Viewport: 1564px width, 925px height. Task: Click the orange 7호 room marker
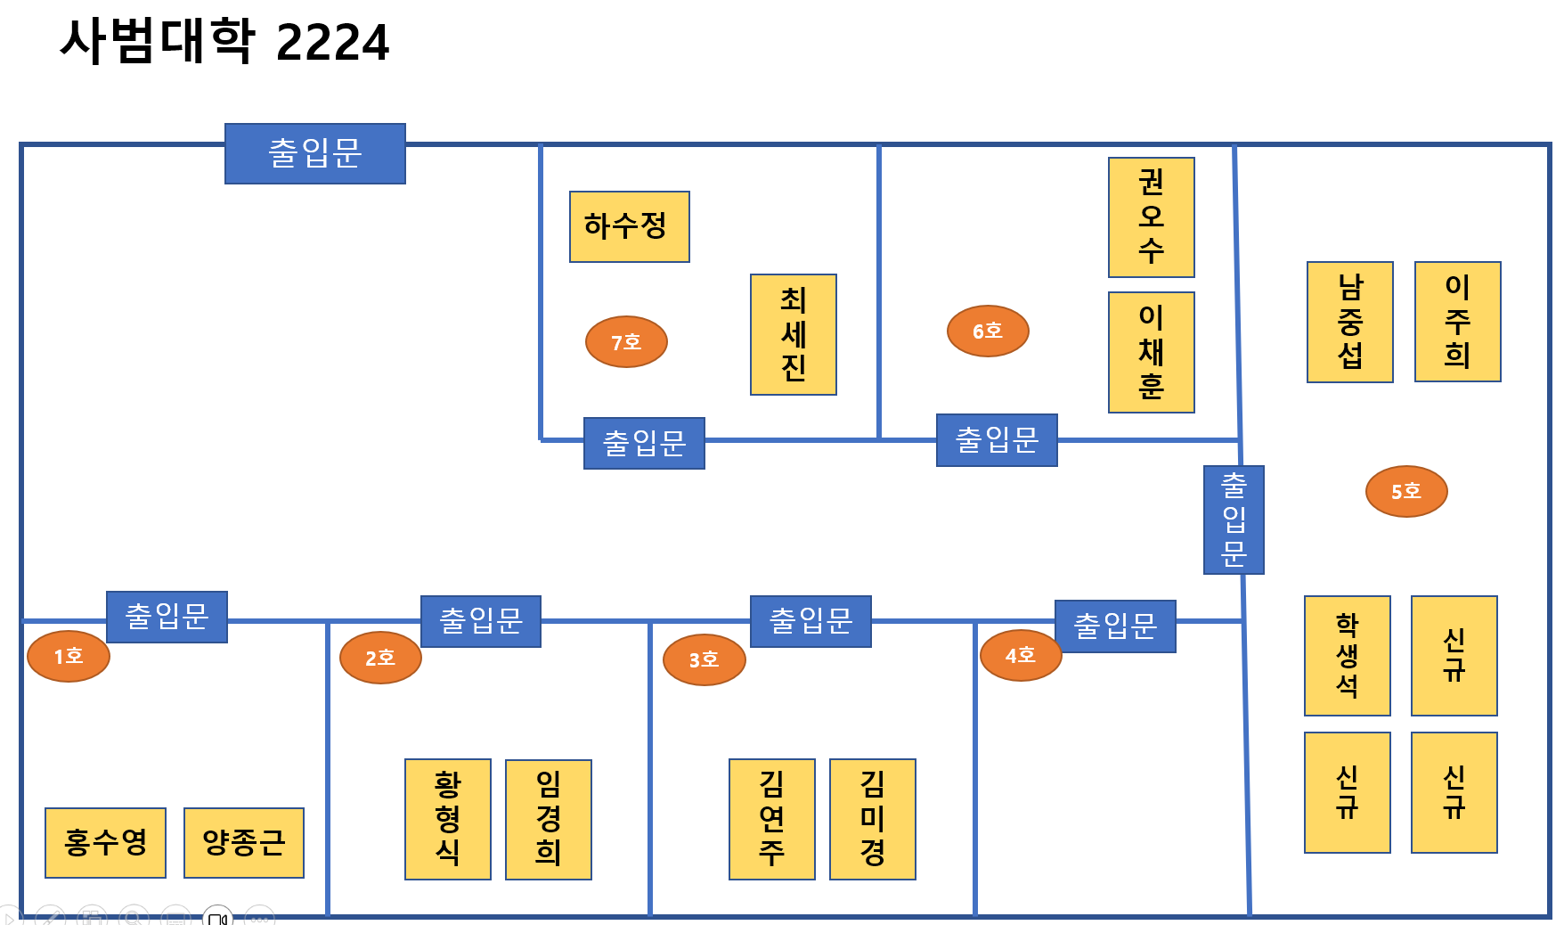coord(626,341)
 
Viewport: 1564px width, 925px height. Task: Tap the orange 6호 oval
coord(988,331)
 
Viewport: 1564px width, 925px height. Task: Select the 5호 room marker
coord(1406,491)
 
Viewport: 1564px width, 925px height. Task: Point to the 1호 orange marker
coord(69,656)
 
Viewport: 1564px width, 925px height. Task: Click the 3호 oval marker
coord(704,659)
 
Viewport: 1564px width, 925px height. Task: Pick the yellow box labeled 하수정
coord(629,226)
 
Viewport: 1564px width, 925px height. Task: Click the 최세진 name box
coord(793,334)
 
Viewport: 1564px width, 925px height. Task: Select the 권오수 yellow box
coord(1151,217)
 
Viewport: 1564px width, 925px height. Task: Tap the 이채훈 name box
coord(1151,352)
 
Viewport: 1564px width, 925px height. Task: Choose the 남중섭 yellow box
coord(1349,322)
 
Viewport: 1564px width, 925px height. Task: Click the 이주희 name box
coord(1457,322)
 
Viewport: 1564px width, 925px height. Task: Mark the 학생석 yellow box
coord(1347,656)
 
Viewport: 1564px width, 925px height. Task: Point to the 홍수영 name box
coord(105,842)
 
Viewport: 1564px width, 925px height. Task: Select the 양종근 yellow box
coord(243,842)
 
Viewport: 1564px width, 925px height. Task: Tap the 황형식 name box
coord(447,819)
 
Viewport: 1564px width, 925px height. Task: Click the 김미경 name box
coord(872,819)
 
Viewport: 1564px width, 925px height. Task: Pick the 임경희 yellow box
coord(548,819)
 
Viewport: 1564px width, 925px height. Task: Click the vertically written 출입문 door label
coord(1234,520)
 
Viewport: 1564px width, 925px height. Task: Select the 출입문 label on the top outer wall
coord(314,153)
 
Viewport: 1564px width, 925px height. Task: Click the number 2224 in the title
coord(332,43)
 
